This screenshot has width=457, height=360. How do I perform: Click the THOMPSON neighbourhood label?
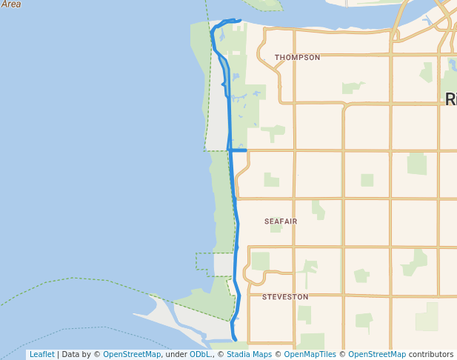click(297, 57)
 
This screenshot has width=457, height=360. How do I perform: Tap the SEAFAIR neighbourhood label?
click(281, 221)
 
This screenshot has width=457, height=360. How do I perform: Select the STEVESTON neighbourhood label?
click(285, 297)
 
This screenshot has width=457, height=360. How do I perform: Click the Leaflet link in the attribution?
click(41, 355)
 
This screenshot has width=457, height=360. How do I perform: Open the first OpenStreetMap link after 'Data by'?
click(132, 355)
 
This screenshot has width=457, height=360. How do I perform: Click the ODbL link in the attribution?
click(200, 355)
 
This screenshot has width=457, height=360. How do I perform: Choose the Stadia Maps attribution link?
click(242, 355)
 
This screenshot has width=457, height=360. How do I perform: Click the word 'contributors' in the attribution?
click(431, 355)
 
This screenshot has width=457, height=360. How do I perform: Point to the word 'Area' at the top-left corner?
click(10, 4)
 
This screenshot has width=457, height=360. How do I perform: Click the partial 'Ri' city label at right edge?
click(450, 99)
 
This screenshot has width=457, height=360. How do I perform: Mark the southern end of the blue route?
click(236, 340)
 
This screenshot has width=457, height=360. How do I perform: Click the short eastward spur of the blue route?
click(238, 150)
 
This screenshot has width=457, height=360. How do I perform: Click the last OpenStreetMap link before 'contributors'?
click(376, 355)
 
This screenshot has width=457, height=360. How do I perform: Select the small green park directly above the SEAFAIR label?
click(272, 180)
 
